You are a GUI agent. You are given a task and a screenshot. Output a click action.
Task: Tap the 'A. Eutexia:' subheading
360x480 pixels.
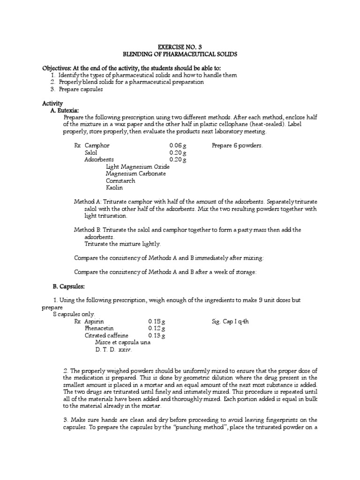(x=67, y=110)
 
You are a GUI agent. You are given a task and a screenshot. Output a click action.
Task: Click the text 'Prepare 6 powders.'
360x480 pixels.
(x=237, y=146)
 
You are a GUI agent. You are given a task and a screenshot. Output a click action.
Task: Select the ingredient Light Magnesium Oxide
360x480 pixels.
(x=138, y=166)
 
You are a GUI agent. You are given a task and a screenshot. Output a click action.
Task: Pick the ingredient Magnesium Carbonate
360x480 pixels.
(x=136, y=173)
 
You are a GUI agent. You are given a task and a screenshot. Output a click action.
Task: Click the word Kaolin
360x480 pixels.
(x=114, y=187)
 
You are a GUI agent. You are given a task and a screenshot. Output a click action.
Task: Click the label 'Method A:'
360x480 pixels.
(x=88, y=202)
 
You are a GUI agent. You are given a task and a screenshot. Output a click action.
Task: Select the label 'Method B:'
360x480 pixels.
(x=88, y=230)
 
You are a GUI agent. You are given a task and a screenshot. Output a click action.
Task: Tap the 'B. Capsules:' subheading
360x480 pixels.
(x=68, y=286)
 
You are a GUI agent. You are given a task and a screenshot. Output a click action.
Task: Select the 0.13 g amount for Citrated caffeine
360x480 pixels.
(x=157, y=336)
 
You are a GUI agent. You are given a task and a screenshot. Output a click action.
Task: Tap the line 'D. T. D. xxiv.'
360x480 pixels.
(x=114, y=350)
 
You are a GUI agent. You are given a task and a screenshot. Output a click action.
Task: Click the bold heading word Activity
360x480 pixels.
(x=52, y=103)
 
